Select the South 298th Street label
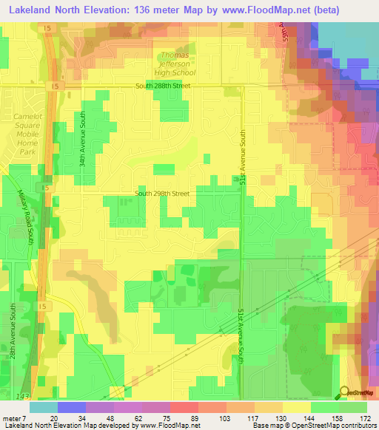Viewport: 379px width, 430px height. [161, 194]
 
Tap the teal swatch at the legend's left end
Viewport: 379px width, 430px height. [43, 406]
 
